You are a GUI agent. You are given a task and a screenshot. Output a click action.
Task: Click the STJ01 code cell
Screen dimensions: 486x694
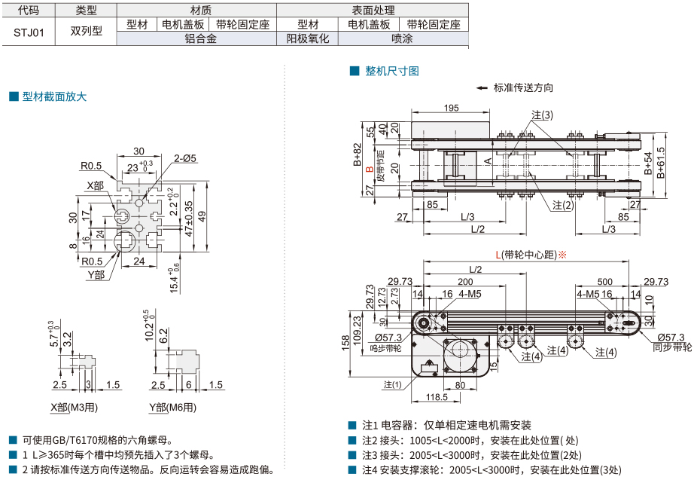29,32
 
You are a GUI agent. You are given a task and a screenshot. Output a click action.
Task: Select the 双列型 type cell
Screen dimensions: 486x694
85,32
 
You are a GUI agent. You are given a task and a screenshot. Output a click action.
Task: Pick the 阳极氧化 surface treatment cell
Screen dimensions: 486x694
308,38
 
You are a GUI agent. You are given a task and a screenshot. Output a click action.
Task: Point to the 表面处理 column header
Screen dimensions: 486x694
372,11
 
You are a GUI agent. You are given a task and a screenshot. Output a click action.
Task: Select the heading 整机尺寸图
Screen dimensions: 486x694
391,71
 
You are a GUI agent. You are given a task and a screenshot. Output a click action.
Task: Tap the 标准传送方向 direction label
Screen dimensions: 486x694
524,87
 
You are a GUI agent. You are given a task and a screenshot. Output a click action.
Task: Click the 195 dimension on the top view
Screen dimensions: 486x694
451,109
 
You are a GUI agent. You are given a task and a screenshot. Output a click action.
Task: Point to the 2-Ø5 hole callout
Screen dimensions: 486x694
184,158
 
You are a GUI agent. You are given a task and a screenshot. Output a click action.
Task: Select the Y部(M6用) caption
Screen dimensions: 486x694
172,408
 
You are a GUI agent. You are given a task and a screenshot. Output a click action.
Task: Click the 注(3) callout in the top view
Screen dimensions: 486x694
542,115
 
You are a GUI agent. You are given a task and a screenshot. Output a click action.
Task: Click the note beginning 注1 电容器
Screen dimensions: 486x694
445,425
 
